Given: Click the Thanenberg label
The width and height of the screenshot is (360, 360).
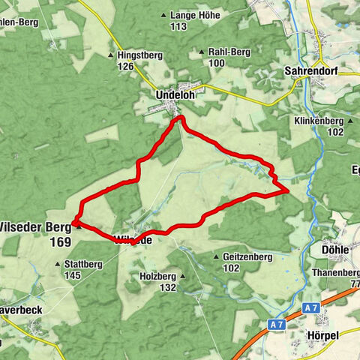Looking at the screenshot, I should tap(334, 273).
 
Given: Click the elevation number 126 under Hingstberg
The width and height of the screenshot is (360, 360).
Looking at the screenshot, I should tap(124, 67).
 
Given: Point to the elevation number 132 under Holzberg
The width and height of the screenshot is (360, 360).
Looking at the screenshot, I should tap(167, 287).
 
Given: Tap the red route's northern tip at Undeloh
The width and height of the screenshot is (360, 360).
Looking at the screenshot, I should tap(179, 118).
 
